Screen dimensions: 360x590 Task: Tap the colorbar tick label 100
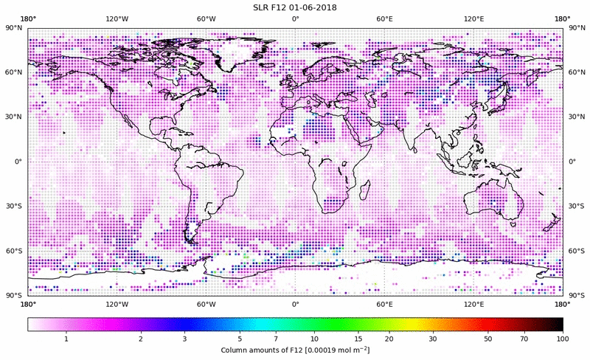pyautogui.click(x=563, y=338)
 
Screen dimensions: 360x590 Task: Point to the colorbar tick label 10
pyautogui.click(x=315, y=338)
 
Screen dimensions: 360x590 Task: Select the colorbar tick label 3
pyautogui.click(x=185, y=338)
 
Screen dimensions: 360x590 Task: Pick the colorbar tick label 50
pyautogui.click(x=488, y=338)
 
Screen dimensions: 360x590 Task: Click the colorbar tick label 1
pyautogui.click(x=67, y=338)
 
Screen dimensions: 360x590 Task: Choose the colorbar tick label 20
pyautogui.click(x=389, y=338)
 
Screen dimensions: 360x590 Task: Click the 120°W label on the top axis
pyautogui.click(x=117, y=18)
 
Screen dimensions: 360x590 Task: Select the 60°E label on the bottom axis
pyautogui.click(x=384, y=303)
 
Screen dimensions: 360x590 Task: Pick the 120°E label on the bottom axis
pyautogui.click(x=473, y=303)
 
